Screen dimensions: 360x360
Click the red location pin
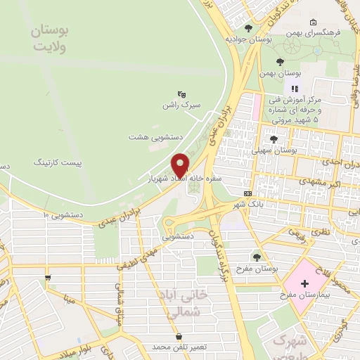click(x=181, y=165)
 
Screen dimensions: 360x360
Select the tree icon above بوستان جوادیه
click(x=248, y=28)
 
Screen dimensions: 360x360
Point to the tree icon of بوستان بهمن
click(x=281, y=62)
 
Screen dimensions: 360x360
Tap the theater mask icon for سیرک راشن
click(x=181, y=94)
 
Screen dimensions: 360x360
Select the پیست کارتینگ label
click(x=58, y=162)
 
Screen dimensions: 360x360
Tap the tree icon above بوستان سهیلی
click(x=274, y=139)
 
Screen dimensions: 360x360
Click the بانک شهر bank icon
click(x=247, y=193)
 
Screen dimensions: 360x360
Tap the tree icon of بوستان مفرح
click(x=257, y=257)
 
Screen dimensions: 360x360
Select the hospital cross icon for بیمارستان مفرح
click(x=304, y=283)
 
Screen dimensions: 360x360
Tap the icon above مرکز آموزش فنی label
click(x=295, y=88)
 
